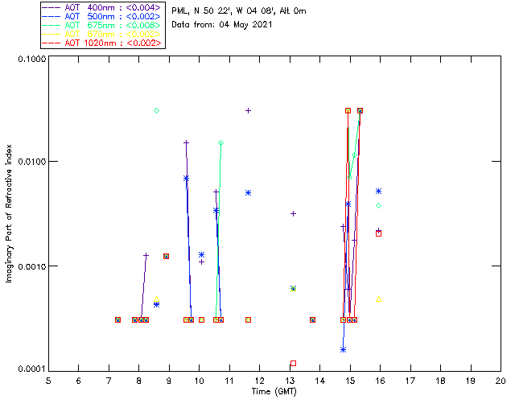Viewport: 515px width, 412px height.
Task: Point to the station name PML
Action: tap(182, 10)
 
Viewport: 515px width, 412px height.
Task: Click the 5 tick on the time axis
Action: tap(48, 380)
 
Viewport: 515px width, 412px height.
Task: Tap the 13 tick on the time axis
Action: tap(290, 380)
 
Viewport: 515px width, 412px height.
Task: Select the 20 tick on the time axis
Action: tap(500, 380)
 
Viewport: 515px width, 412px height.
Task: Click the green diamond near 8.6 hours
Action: tap(157, 110)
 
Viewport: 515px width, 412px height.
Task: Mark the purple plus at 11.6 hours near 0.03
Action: tap(248, 110)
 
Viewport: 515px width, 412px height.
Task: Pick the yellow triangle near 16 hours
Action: tap(379, 299)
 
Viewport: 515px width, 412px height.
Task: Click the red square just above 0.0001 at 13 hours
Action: tap(293, 363)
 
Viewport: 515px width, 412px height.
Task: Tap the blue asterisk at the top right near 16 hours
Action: tap(378, 191)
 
